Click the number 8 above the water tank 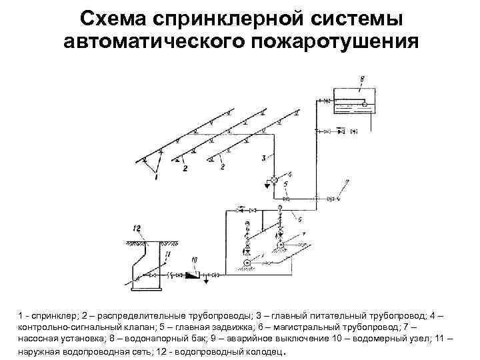click(x=361, y=79)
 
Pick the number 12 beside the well click(x=137, y=229)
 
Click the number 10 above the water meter click(x=194, y=259)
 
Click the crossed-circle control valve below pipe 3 click(x=273, y=180)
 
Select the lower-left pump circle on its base click(x=247, y=264)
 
